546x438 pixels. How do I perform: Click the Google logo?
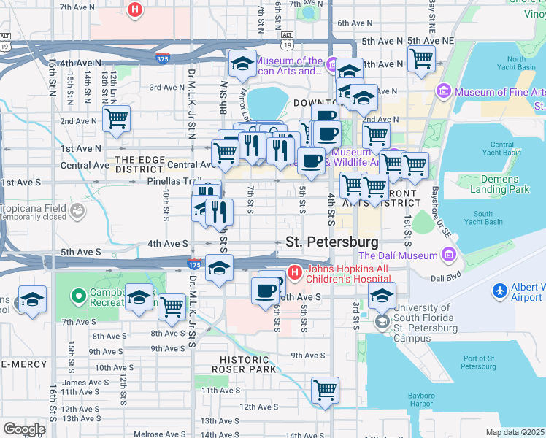pyautogui.click(x=24, y=429)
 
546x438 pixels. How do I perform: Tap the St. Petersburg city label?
pyautogui.click(x=332, y=242)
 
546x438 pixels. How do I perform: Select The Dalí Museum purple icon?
pyautogui.click(x=448, y=255)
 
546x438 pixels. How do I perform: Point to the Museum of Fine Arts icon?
pyautogui.click(x=443, y=91)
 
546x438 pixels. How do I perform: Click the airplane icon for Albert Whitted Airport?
pyautogui.click(x=501, y=291)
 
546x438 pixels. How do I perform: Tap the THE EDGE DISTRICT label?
pyautogui.click(x=144, y=164)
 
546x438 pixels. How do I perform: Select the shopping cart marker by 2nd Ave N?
pyautogui.click(x=116, y=118)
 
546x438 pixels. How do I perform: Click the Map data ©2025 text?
pyautogui.click(x=515, y=432)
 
